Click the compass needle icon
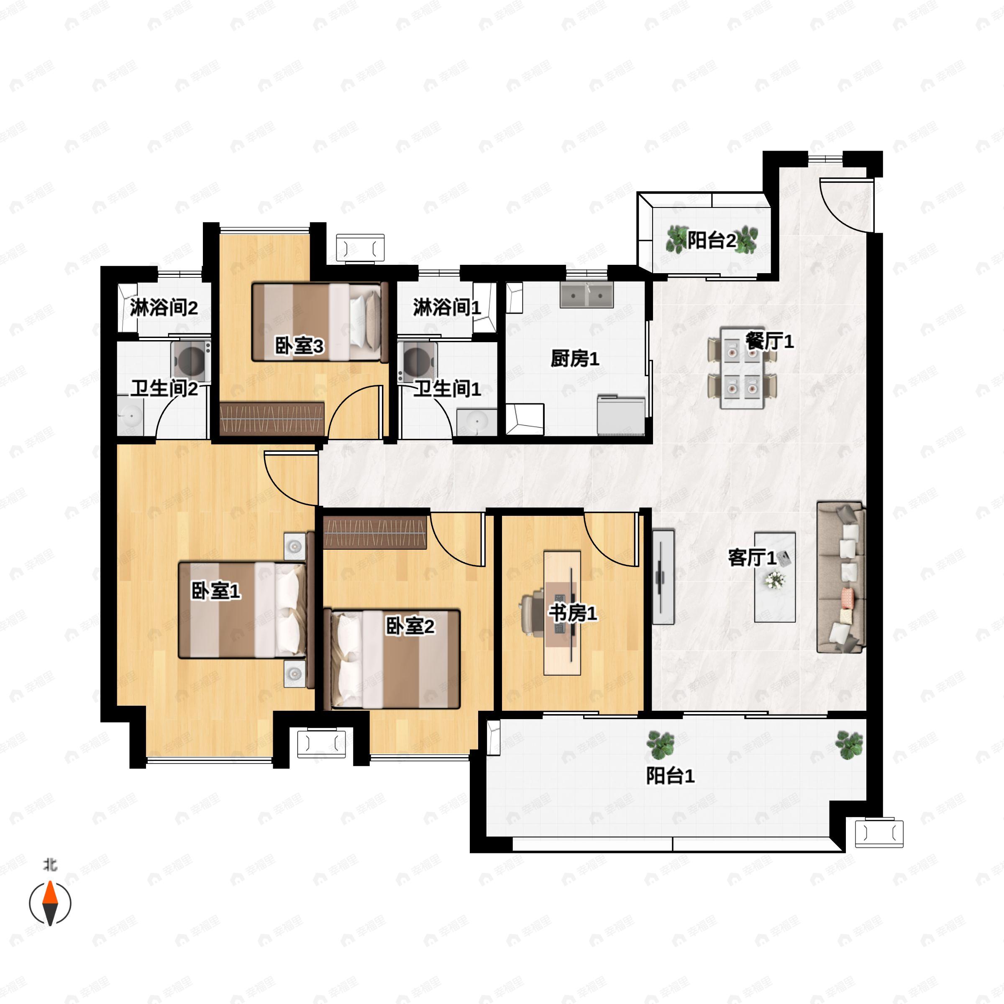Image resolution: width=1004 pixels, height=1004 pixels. (x=50, y=903)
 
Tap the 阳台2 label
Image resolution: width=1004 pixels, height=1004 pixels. (x=712, y=241)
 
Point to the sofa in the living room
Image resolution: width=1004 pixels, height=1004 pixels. (x=840, y=577)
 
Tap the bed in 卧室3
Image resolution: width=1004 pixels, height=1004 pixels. (x=320, y=322)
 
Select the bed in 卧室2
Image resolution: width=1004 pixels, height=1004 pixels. (x=392, y=659)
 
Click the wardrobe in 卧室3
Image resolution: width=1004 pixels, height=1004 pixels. (x=272, y=418)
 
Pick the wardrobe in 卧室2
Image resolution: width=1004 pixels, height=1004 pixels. (x=375, y=533)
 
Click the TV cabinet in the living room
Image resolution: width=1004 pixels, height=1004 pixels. (x=663, y=577)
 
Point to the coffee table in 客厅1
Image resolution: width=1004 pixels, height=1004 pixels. (x=775, y=577)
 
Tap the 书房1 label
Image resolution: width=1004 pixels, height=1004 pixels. (x=573, y=613)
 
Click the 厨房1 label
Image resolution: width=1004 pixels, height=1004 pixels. (x=575, y=359)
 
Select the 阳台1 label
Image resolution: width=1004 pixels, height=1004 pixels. (x=670, y=776)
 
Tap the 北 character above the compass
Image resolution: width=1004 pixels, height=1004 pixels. (x=50, y=865)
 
